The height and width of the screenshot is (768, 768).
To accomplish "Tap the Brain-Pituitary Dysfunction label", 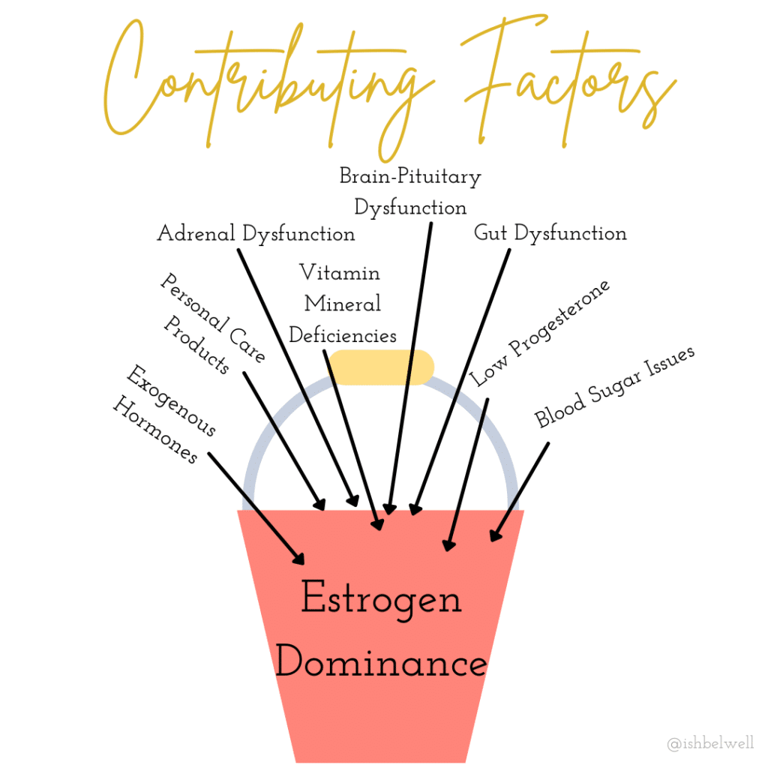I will point(410,191).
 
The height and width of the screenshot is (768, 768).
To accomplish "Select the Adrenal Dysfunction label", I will point(256,233).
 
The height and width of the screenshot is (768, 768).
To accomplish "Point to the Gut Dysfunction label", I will point(550,232).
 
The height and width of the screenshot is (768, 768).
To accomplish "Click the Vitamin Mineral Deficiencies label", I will point(342,303).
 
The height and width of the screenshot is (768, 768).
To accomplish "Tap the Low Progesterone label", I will point(540,332).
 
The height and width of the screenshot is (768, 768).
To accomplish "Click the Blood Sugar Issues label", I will point(615,385).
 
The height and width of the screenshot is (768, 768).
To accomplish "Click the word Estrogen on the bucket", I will point(380,600).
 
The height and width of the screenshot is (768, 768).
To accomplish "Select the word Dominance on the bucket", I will point(380,663).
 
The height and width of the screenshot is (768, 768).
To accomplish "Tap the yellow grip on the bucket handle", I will point(381,367).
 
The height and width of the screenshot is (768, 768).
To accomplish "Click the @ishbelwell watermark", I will point(710,743).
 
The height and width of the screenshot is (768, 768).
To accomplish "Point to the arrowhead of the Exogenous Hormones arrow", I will point(299,559).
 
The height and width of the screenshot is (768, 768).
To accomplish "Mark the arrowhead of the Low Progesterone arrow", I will point(449,545).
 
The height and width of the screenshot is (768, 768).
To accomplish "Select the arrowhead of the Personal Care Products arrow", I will point(320,505).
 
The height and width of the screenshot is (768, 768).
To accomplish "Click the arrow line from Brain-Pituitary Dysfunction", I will point(410,360).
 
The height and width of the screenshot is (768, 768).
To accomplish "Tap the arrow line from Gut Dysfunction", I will point(461,375).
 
